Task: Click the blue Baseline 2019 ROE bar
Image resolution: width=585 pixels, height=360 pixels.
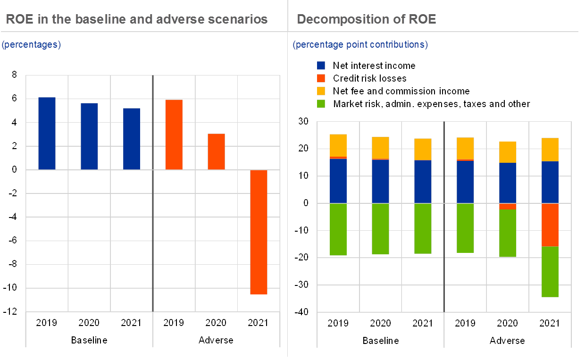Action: click(47, 133)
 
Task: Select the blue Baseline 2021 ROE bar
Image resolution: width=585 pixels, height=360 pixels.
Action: click(132, 139)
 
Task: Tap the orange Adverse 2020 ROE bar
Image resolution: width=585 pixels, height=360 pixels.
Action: click(216, 151)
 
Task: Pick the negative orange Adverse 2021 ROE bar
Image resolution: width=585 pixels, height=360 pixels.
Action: click(259, 232)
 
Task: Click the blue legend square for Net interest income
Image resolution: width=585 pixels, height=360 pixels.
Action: click(321, 66)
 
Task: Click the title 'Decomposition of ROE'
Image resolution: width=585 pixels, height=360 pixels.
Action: click(366, 19)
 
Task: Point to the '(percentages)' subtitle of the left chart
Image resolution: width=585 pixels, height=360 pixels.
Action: click(31, 45)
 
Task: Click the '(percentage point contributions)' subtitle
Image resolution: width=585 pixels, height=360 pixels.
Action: click(360, 45)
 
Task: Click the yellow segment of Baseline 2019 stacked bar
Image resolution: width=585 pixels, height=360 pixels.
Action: click(338, 145)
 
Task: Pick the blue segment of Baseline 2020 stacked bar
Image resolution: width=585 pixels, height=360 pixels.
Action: click(380, 182)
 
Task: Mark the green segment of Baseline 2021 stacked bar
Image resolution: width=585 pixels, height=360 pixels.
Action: click(423, 228)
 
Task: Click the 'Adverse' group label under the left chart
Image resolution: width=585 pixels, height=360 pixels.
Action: click(216, 340)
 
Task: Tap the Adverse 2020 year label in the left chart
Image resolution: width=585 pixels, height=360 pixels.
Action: click(216, 323)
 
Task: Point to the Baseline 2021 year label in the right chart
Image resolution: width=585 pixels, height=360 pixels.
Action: click(423, 323)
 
